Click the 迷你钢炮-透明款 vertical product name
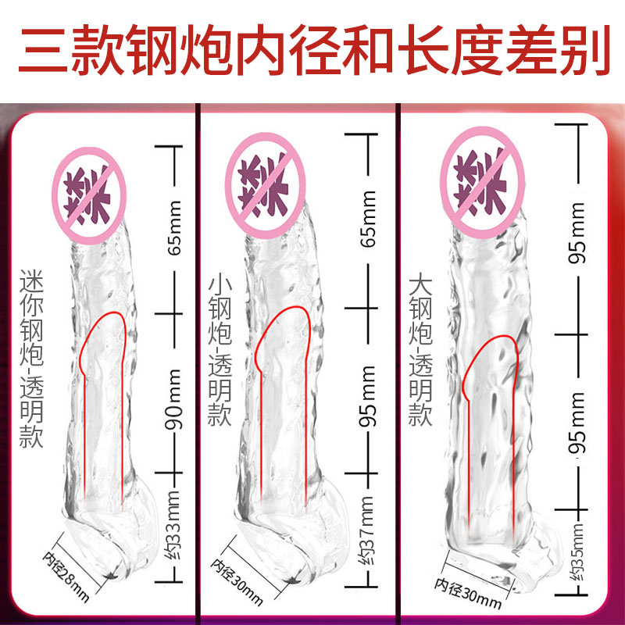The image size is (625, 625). point(33,359)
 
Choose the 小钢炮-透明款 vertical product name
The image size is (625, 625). point(220,351)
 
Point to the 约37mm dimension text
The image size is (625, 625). point(369,524)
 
